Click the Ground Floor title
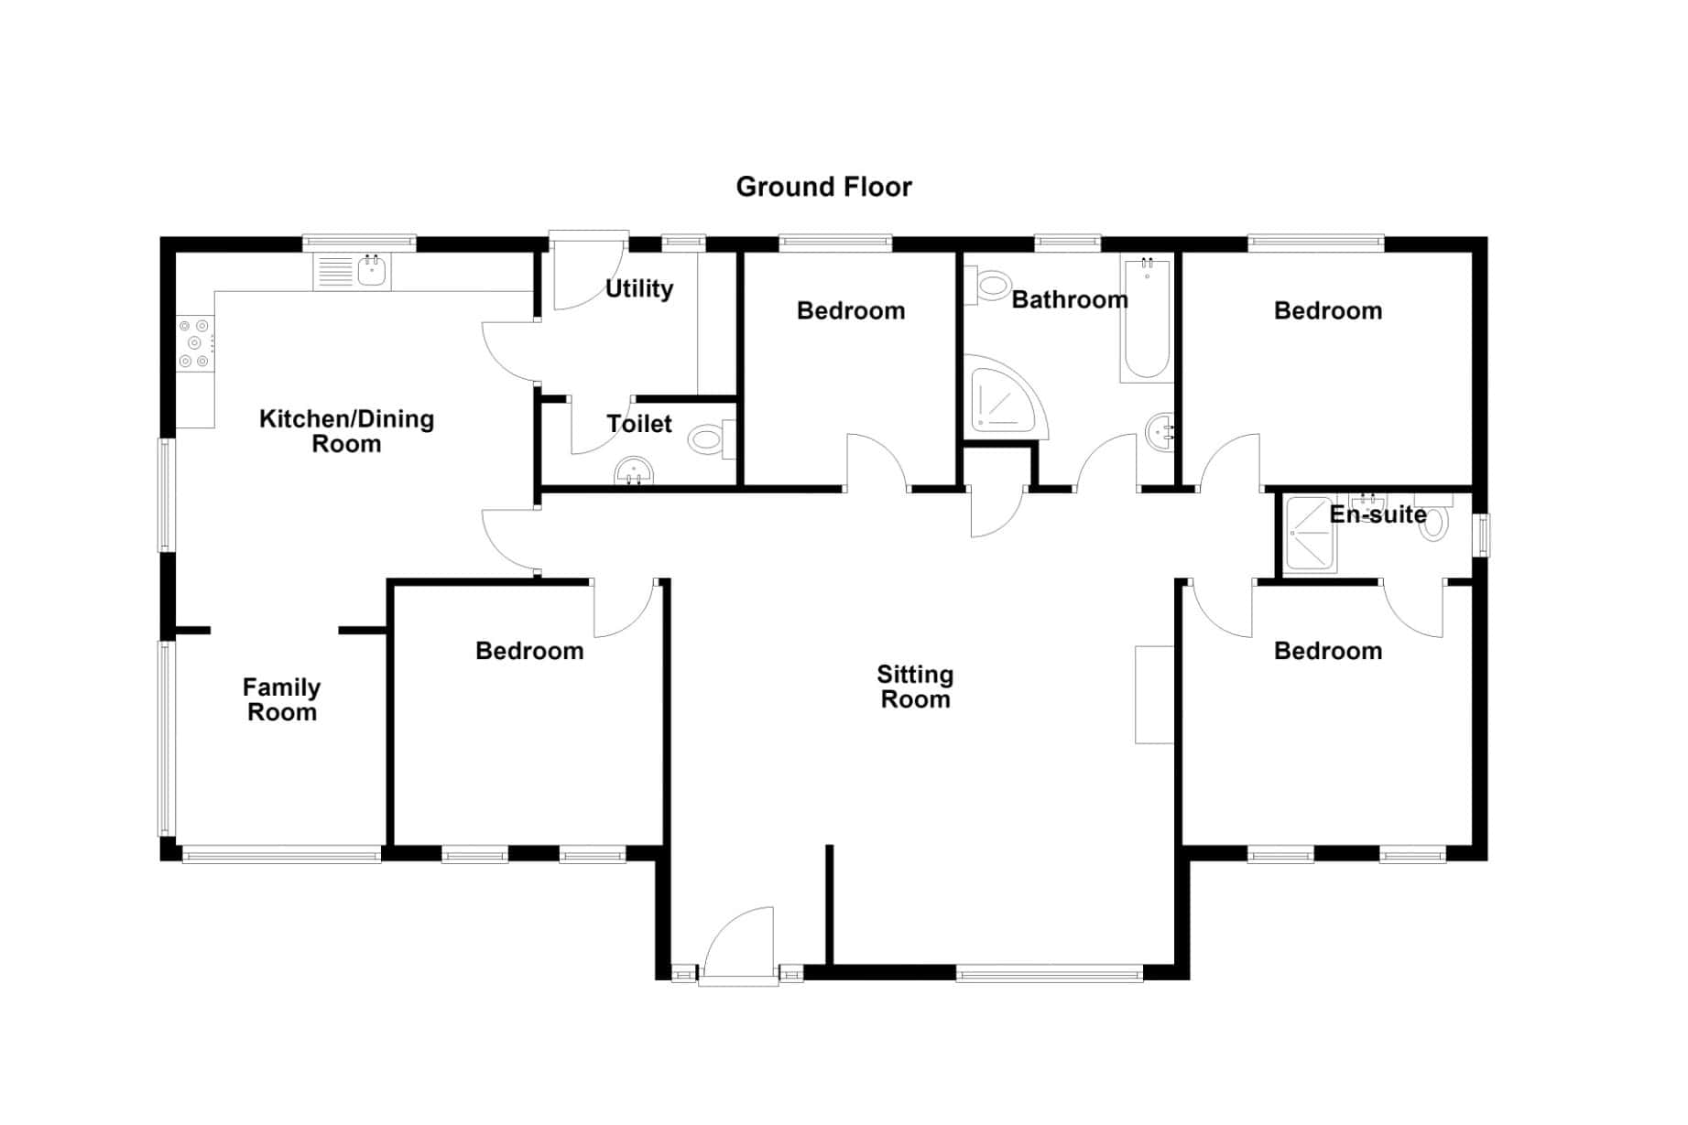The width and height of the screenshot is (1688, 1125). pyautogui.click(x=823, y=187)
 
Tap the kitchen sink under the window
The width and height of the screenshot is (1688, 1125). pyautogui.click(x=353, y=272)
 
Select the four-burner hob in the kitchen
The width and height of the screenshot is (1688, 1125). pyautogui.click(x=195, y=343)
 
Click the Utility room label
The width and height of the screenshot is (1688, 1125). pyautogui.click(x=639, y=289)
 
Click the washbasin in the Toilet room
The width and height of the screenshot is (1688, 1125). pyautogui.click(x=634, y=471)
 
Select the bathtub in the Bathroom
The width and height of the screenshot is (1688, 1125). pyautogui.click(x=1147, y=319)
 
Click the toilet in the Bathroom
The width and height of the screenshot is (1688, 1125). pyautogui.click(x=986, y=285)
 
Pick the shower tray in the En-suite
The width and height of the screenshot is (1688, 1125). pyautogui.click(x=1310, y=535)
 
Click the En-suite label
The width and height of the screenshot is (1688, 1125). pyautogui.click(x=1378, y=514)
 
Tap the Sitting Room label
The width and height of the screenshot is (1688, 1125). pyautogui.click(x=915, y=687)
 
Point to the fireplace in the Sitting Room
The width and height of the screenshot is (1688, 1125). pyautogui.click(x=1154, y=695)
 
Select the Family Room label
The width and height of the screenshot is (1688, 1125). pyautogui.click(x=281, y=699)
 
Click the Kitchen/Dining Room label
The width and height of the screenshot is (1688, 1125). pyautogui.click(x=346, y=431)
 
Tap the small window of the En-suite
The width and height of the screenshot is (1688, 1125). pyautogui.click(x=1480, y=535)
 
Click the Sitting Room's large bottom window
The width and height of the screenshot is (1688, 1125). pyautogui.click(x=1049, y=973)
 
